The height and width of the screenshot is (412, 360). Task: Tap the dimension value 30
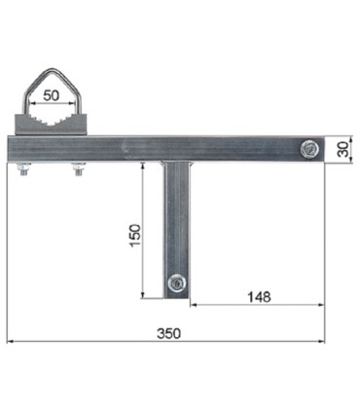tap(342, 148)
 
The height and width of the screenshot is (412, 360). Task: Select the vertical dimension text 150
tap(136, 235)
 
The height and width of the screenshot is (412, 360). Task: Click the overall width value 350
tap(167, 332)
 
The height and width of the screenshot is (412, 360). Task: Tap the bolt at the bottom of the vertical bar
tap(176, 283)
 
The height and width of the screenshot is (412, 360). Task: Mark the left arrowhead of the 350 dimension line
tap(10, 341)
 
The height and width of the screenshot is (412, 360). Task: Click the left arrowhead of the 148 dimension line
tap(192, 304)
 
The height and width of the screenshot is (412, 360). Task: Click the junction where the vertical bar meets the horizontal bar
tap(176, 162)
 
